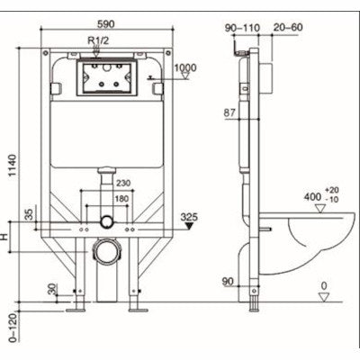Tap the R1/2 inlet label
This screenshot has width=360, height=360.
99,41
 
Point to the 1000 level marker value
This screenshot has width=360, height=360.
187,68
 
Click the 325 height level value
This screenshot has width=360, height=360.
188,217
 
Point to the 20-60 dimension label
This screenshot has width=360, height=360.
287,28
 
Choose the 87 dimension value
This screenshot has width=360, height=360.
229,112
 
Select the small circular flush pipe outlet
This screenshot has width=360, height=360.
107,220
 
